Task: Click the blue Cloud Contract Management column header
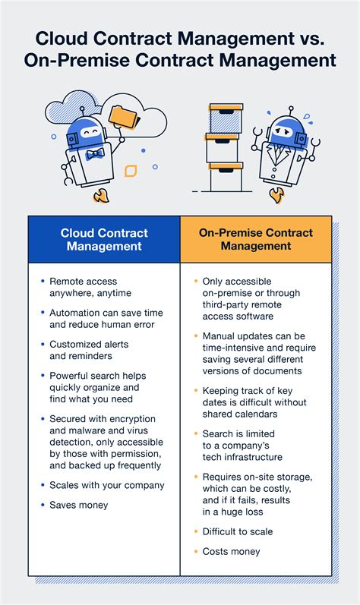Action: click(104, 239)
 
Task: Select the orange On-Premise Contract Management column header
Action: click(255, 239)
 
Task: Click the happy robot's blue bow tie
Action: click(94, 154)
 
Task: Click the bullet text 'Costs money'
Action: click(230, 551)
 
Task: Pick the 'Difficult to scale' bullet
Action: click(238, 531)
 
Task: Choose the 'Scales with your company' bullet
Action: click(106, 485)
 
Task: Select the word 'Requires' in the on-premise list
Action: click(223, 476)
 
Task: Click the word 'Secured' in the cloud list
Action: click(69, 418)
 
